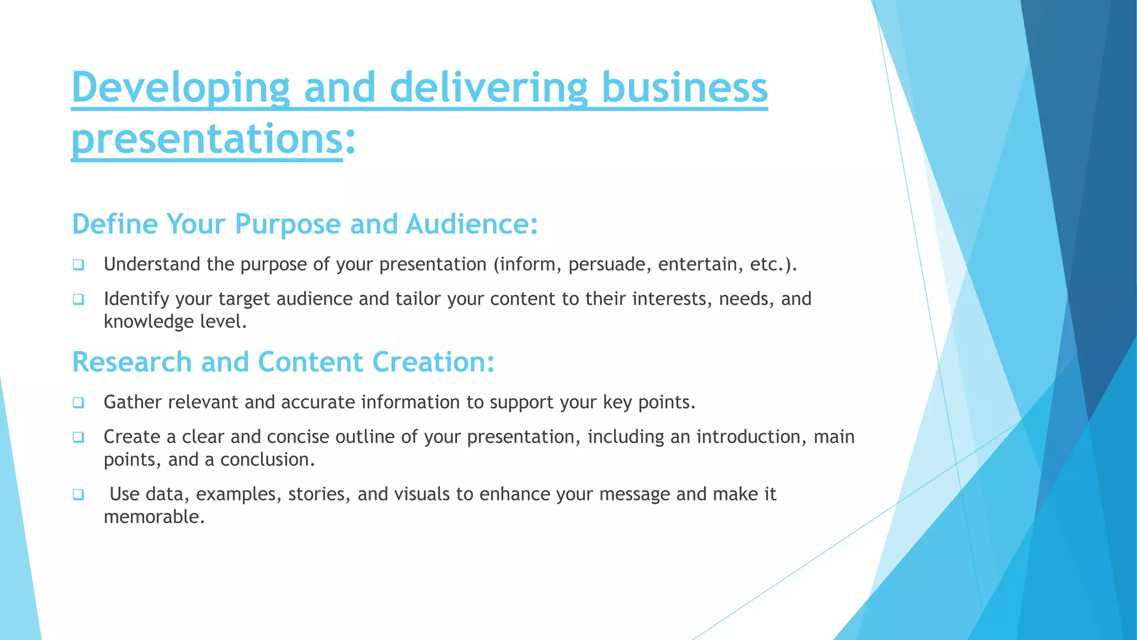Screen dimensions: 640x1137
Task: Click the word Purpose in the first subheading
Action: tap(288, 224)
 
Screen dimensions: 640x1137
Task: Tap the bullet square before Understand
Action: tap(78, 265)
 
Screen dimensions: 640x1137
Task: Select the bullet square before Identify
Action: tap(78, 299)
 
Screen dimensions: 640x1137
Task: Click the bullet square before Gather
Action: tap(78, 403)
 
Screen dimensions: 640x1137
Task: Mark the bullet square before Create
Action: tap(78, 437)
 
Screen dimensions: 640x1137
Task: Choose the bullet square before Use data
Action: tap(78, 494)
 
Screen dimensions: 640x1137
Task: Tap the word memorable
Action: tap(154, 517)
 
